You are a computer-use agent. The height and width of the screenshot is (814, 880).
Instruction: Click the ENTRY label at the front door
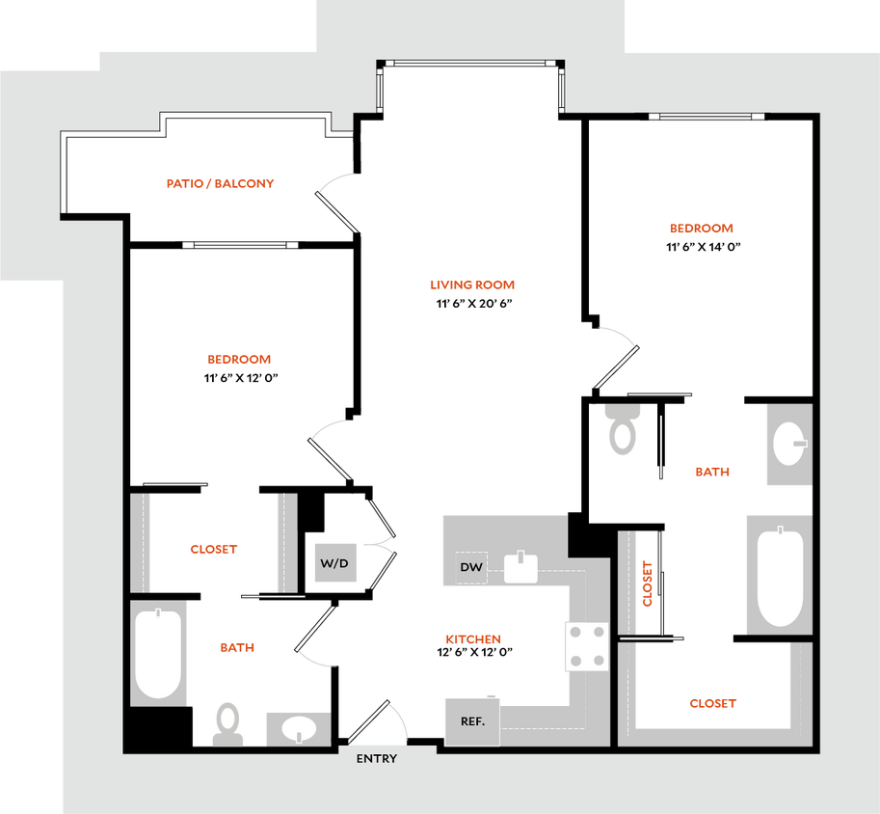pos(376,759)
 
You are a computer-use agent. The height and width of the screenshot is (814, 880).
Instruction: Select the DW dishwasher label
pos(471,567)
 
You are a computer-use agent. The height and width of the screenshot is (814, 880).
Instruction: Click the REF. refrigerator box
pos(472,721)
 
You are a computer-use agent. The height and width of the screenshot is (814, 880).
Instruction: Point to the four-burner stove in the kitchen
pos(587,645)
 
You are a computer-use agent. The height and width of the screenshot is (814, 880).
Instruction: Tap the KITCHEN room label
pos(472,639)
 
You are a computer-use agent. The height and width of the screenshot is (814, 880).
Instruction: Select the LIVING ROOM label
pos(472,285)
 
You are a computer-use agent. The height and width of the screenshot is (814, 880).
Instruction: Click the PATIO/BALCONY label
pos(222,182)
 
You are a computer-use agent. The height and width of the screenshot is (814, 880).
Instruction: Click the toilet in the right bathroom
pos(623,430)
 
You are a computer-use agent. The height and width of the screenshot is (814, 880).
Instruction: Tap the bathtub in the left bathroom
pos(158,653)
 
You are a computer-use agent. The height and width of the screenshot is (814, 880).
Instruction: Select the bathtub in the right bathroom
pos(779,576)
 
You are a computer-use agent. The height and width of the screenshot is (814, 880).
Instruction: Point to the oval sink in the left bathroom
pos(298,728)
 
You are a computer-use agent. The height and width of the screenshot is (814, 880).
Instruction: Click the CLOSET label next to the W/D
pos(213,550)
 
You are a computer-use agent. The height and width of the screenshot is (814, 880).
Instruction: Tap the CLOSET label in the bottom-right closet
pos(712,704)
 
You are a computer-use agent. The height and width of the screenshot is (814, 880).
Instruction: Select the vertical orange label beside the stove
pos(648,583)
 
